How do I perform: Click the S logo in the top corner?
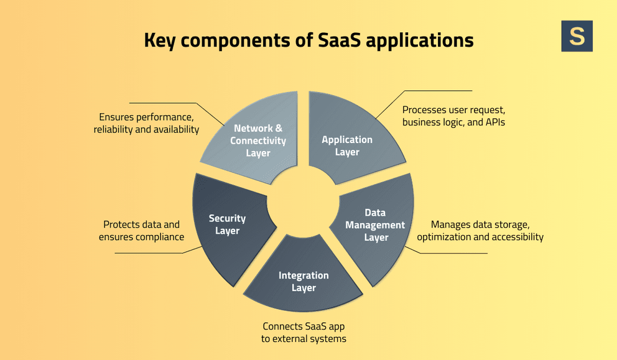pyautogui.click(x=577, y=36)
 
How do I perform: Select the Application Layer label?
pyautogui.click(x=347, y=145)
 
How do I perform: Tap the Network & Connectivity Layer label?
pyautogui.click(x=258, y=141)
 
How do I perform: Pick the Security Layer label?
pyautogui.click(x=227, y=224)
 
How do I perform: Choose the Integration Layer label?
pyautogui.click(x=304, y=282)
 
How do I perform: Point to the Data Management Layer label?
pyautogui.click(x=375, y=225)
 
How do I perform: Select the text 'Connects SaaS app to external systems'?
pyautogui.click(x=304, y=333)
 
